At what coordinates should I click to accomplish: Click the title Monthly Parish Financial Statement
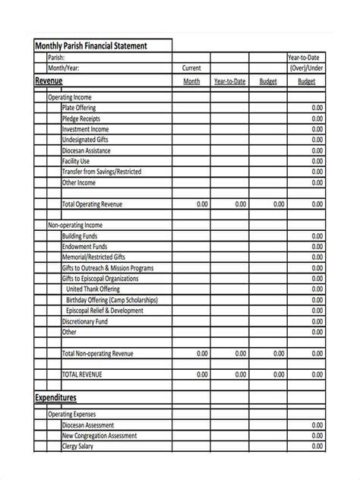pyautogui.click(x=90, y=46)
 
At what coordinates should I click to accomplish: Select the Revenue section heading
pyautogui.click(x=49, y=81)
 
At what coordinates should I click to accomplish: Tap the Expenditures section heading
pyautogui.click(x=55, y=397)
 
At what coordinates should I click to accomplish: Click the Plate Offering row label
pyautogui.click(x=79, y=109)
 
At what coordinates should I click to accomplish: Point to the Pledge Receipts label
pyautogui.click(x=81, y=119)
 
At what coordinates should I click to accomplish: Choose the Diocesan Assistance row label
pyautogui.click(x=87, y=151)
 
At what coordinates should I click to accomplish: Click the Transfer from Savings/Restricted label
pyautogui.click(x=101, y=172)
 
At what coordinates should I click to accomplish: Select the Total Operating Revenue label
pyautogui.click(x=92, y=204)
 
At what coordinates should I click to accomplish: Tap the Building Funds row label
pyautogui.click(x=80, y=236)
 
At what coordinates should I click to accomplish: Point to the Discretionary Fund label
pyautogui.click(x=85, y=321)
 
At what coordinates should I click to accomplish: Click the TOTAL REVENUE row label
pyautogui.click(x=81, y=374)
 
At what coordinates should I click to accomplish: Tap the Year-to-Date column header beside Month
pyautogui.click(x=229, y=81)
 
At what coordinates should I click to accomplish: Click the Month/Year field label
pyautogui.click(x=64, y=68)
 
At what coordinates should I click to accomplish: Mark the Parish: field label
pyautogui.click(x=56, y=57)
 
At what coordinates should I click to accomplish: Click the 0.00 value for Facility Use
pyautogui.click(x=317, y=162)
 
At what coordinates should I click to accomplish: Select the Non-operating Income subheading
pyautogui.click(x=75, y=226)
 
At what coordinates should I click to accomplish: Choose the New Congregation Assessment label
pyautogui.click(x=99, y=436)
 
